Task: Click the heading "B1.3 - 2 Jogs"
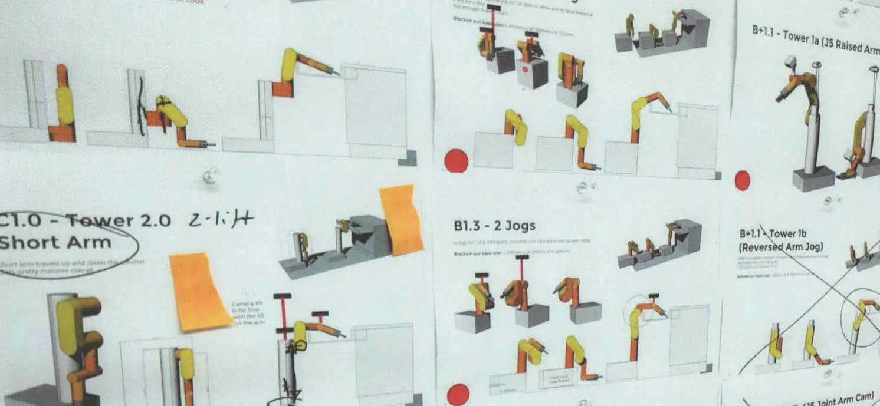point(494,226)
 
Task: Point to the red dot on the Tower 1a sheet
point(743,180)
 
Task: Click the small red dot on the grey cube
point(524,69)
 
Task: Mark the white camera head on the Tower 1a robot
point(790,62)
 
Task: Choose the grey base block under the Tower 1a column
point(813,178)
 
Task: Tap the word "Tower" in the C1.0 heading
point(98,221)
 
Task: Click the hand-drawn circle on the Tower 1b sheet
point(862,318)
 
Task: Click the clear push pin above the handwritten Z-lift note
point(208,175)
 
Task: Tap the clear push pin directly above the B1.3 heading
point(582,189)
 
